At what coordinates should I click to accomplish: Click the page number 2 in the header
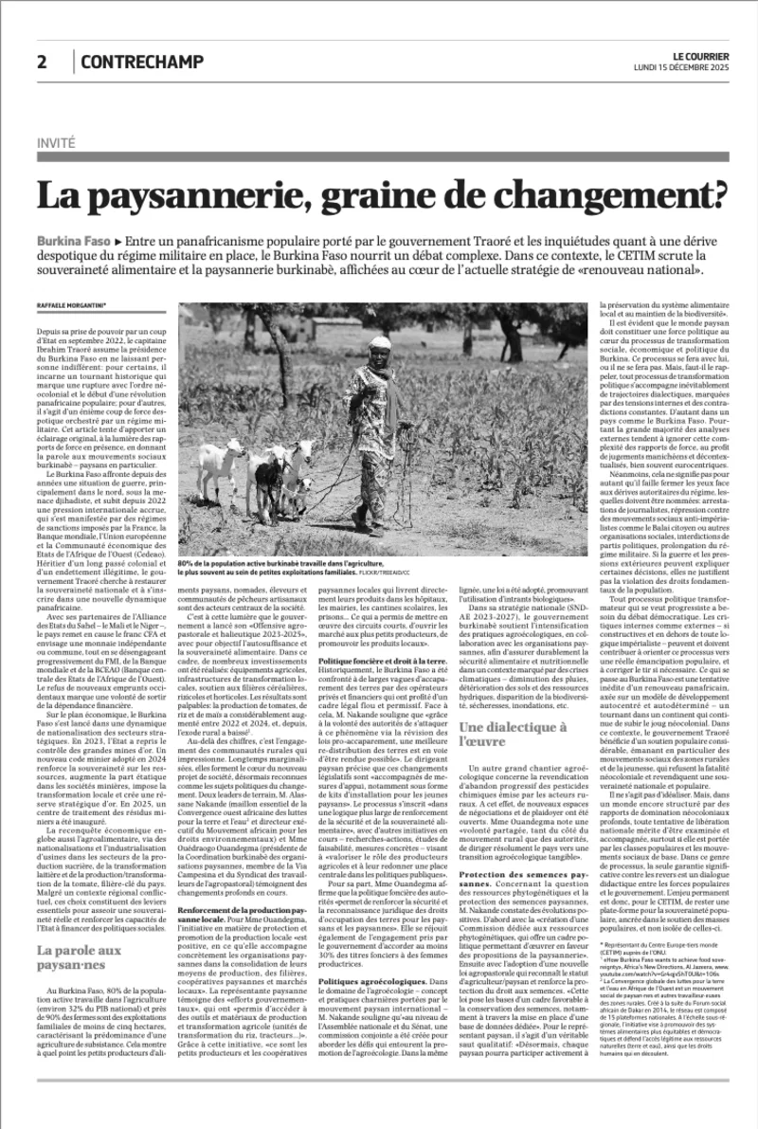pos(43,63)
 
